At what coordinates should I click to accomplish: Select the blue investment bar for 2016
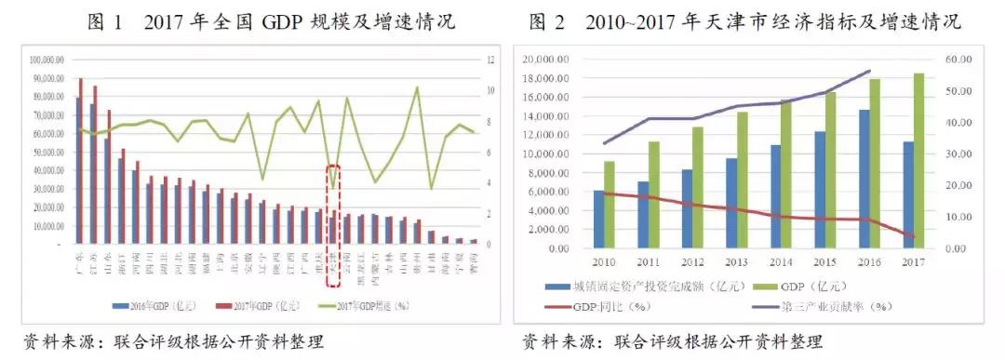click(x=864, y=180)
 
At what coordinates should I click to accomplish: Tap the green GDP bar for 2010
click(x=610, y=205)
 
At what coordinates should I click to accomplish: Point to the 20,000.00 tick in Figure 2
click(x=544, y=59)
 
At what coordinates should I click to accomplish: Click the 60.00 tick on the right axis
click(x=959, y=59)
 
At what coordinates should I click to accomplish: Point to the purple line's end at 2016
click(x=869, y=71)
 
